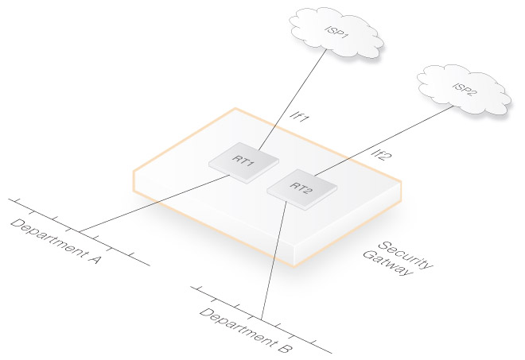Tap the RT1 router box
244,161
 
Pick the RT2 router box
301,188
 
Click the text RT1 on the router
243,160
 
